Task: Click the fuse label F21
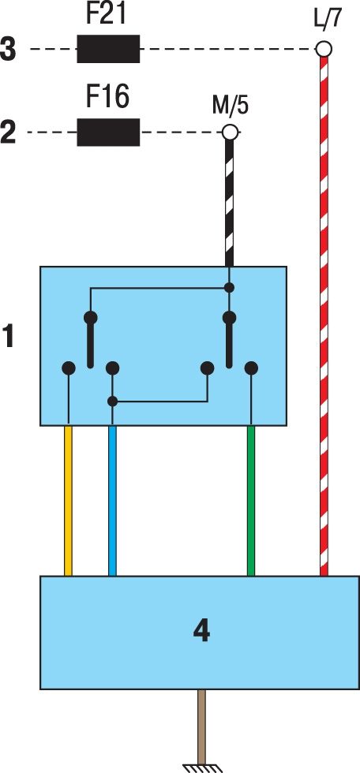pos(108,15)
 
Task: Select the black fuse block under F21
pos(108,49)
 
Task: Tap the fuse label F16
pos(108,97)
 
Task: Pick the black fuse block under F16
pos(108,133)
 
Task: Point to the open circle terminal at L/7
pos(324,49)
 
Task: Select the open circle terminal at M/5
pos(230,133)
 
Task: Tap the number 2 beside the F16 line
pos(9,133)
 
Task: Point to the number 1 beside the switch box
pos(9,340)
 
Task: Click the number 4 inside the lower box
pos(201,632)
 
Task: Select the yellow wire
pos(69,500)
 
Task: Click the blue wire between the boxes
pos(112,500)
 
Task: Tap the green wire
pos(251,500)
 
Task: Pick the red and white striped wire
pos(324,316)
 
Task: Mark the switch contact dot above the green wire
pos(252,368)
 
